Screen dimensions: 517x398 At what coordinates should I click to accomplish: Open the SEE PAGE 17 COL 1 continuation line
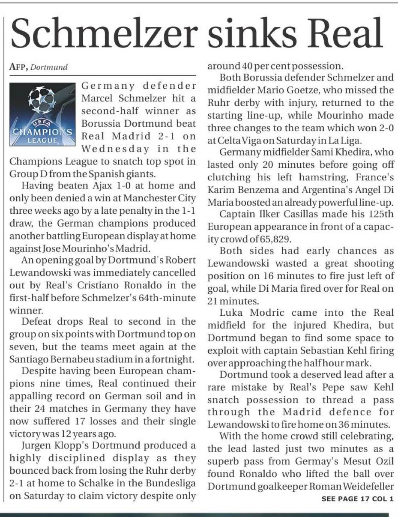(357, 499)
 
